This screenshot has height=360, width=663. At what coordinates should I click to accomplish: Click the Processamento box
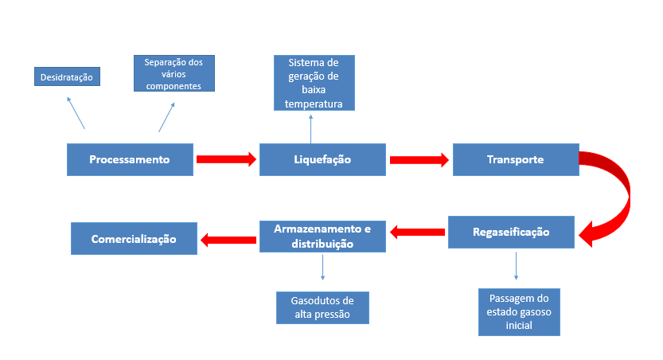point(130,159)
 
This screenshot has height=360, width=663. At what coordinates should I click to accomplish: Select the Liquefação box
point(322,159)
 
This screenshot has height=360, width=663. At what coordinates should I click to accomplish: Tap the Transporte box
point(515,159)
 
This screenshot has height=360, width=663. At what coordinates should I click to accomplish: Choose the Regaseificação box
point(510,232)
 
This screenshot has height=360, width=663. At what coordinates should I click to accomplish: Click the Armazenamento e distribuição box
point(322,237)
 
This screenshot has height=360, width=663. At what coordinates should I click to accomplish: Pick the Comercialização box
point(134,238)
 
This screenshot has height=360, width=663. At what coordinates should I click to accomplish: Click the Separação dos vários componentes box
point(174,73)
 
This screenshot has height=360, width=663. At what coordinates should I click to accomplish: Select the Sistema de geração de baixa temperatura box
point(314,82)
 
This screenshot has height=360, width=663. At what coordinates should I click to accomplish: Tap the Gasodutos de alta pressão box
point(322,307)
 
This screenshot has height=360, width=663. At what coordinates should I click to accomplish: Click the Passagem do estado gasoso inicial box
point(519,311)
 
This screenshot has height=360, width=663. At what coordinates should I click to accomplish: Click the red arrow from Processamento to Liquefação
point(226,159)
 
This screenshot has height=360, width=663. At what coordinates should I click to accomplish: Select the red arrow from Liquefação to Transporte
point(419,160)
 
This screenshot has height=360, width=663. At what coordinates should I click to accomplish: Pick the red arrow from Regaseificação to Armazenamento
point(416,232)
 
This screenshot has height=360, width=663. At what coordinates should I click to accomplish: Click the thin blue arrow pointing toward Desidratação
point(76,112)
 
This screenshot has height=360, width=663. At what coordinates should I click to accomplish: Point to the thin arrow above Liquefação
point(311,127)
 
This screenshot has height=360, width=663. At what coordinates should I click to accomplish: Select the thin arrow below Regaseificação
point(517,265)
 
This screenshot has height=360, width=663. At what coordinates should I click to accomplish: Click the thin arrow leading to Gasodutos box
point(322,267)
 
